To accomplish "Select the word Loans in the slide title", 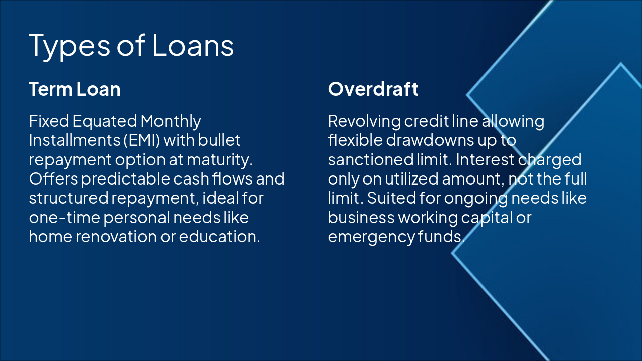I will click(x=193, y=45).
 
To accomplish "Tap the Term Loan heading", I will click(x=75, y=89).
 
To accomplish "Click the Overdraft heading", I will click(x=373, y=89).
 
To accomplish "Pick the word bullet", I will click(x=219, y=140).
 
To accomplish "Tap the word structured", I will click(x=69, y=198).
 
